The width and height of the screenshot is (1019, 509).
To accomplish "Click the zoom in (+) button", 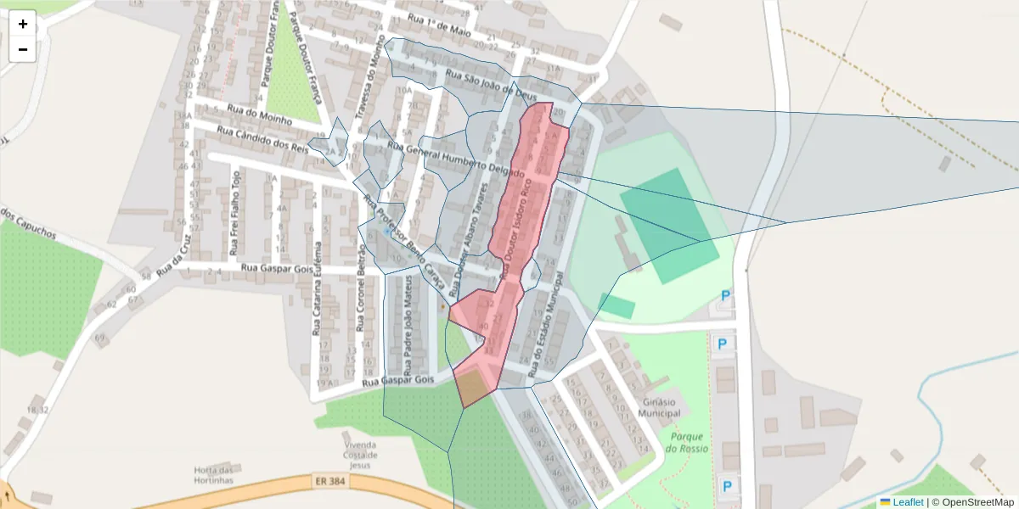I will (23, 24).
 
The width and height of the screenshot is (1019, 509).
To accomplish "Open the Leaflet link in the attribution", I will (908, 502).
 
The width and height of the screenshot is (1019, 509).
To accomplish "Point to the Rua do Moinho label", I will (260, 115).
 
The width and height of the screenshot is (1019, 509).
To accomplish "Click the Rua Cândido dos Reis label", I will (262, 139).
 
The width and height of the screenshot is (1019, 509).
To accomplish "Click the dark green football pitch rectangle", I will (669, 225).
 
